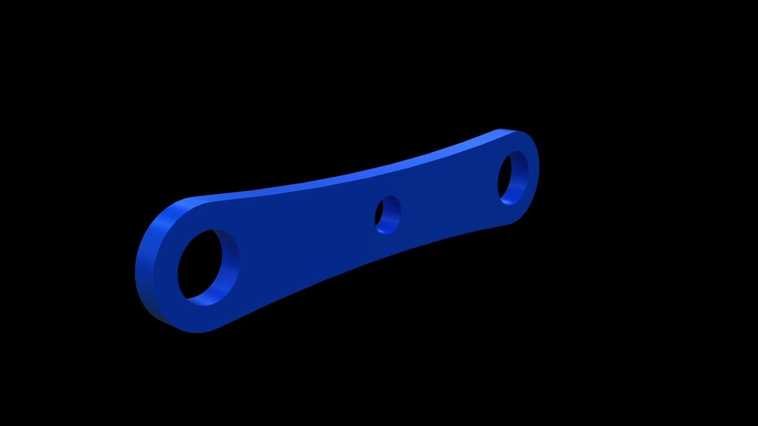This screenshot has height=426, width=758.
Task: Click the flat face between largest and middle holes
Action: point(308,237)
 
